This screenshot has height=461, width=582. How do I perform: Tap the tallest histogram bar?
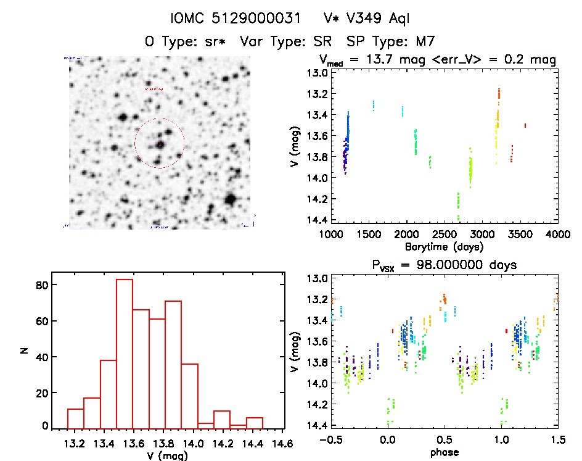(125, 353)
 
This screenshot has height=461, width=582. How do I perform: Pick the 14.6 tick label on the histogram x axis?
(283, 443)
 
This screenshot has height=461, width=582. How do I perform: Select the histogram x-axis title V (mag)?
(167, 455)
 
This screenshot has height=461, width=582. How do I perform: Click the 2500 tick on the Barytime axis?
(445, 235)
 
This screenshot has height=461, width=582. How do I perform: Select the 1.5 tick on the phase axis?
(557, 440)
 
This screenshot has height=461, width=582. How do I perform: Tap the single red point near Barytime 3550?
(525, 125)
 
